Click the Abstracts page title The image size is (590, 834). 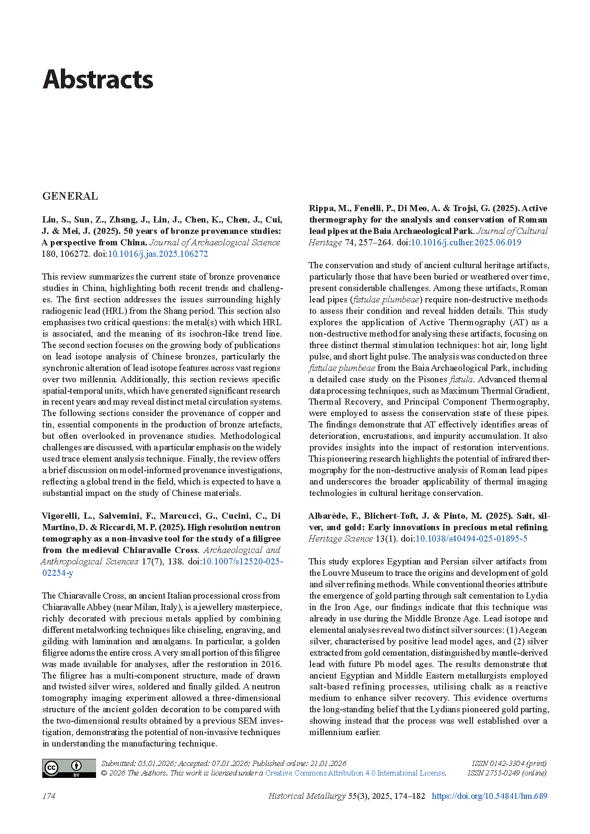(x=98, y=79)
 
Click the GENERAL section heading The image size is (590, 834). (x=70, y=196)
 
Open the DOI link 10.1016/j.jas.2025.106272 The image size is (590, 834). (x=158, y=254)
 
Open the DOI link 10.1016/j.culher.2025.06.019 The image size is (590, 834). (x=466, y=242)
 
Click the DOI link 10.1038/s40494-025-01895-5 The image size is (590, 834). (x=471, y=539)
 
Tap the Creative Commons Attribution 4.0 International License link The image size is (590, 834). (x=355, y=773)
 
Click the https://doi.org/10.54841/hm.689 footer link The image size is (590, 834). (x=489, y=796)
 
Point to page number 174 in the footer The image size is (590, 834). (x=48, y=796)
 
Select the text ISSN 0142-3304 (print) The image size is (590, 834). (x=509, y=763)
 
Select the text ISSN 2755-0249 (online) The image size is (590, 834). (x=507, y=773)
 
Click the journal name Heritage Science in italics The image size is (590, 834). (x=340, y=539)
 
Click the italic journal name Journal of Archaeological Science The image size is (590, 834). (x=215, y=242)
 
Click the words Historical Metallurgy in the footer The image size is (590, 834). (x=307, y=796)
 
